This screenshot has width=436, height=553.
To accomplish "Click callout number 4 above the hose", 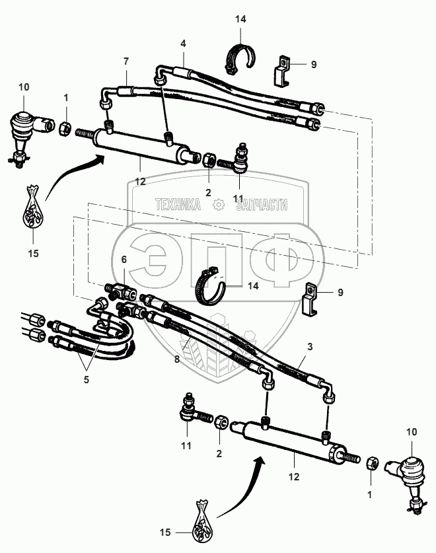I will pos(182,44).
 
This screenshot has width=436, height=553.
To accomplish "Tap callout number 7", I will pos(125,61).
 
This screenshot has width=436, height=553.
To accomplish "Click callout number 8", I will pos(176,359).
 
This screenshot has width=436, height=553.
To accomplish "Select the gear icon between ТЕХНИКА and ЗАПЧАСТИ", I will pos(219,205).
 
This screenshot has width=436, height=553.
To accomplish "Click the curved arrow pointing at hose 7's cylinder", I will pos(73,175).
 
